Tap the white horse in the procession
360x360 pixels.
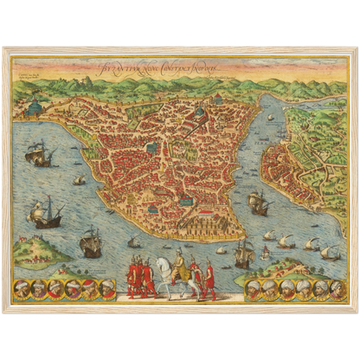pos(177,282)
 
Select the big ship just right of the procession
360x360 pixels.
pos(243,254)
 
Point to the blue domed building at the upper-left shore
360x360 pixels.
pos(35,106)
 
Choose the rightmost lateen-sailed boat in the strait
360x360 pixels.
pos(330,252)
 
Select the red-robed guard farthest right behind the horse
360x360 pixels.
pos(209,279)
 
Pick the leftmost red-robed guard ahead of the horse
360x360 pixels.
pos(132,278)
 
